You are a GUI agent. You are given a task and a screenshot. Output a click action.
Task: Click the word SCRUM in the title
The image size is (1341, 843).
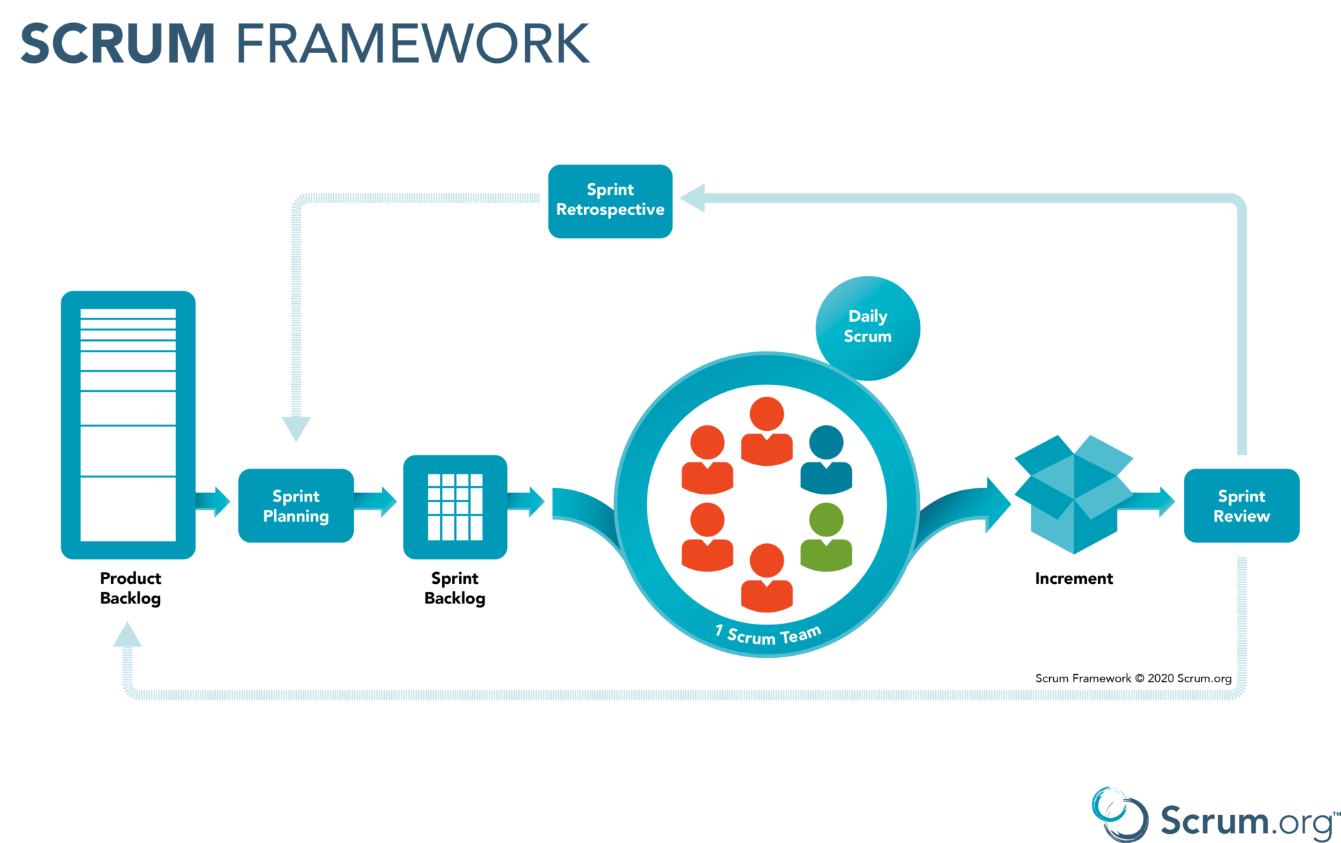(x=117, y=44)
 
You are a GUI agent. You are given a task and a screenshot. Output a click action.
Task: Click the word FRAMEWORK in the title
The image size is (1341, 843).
(x=413, y=44)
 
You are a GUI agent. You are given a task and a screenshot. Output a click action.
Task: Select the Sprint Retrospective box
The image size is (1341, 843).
(x=610, y=201)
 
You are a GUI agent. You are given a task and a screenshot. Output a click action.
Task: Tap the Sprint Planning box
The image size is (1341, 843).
(x=295, y=506)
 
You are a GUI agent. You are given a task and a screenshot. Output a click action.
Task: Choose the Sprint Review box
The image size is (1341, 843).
(x=1241, y=506)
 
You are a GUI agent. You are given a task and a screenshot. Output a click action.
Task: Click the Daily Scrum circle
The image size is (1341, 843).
(x=867, y=327)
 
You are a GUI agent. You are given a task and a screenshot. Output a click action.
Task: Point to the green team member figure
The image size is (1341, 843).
(x=826, y=538)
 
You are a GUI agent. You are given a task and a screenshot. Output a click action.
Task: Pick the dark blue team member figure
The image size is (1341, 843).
(x=826, y=460)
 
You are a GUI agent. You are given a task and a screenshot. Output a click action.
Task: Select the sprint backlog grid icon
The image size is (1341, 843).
(x=455, y=507)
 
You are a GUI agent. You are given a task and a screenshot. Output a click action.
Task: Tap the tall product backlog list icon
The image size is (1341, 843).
(x=128, y=425)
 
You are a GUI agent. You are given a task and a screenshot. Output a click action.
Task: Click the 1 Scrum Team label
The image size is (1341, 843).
(x=768, y=635)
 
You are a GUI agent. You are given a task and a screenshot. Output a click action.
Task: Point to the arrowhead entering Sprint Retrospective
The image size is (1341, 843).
(x=693, y=198)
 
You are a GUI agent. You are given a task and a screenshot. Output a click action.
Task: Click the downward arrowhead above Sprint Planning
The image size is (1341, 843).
(x=296, y=427)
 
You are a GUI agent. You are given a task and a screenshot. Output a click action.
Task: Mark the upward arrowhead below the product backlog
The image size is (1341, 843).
(x=127, y=635)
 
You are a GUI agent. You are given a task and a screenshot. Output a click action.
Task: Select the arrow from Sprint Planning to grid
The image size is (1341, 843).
(x=377, y=501)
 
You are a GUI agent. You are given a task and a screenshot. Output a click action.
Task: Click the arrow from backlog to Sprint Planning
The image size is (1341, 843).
(x=214, y=501)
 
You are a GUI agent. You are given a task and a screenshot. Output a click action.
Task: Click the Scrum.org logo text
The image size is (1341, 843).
(x=1247, y=821)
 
